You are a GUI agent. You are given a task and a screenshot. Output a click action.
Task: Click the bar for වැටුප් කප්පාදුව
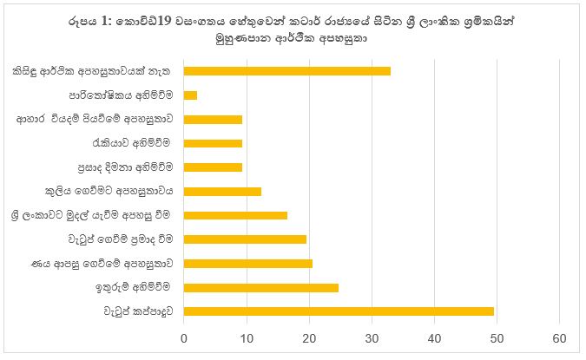(x=339, y=311)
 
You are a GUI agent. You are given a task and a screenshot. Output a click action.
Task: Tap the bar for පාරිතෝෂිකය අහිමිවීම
(x=191, y=95)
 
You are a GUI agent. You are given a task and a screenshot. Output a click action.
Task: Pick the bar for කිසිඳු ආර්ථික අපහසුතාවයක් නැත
(x=287, y=71)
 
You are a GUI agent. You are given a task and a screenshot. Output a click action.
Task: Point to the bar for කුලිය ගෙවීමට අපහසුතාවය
(x=222, y=191)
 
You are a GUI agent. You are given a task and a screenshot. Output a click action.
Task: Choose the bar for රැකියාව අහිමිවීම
(x=213, y=143)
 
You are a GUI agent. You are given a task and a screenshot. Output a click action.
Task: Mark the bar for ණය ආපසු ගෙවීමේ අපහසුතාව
(x=248, y=263)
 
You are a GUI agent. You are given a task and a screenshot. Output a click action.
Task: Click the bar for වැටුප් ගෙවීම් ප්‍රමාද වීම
(x=245, y=239)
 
